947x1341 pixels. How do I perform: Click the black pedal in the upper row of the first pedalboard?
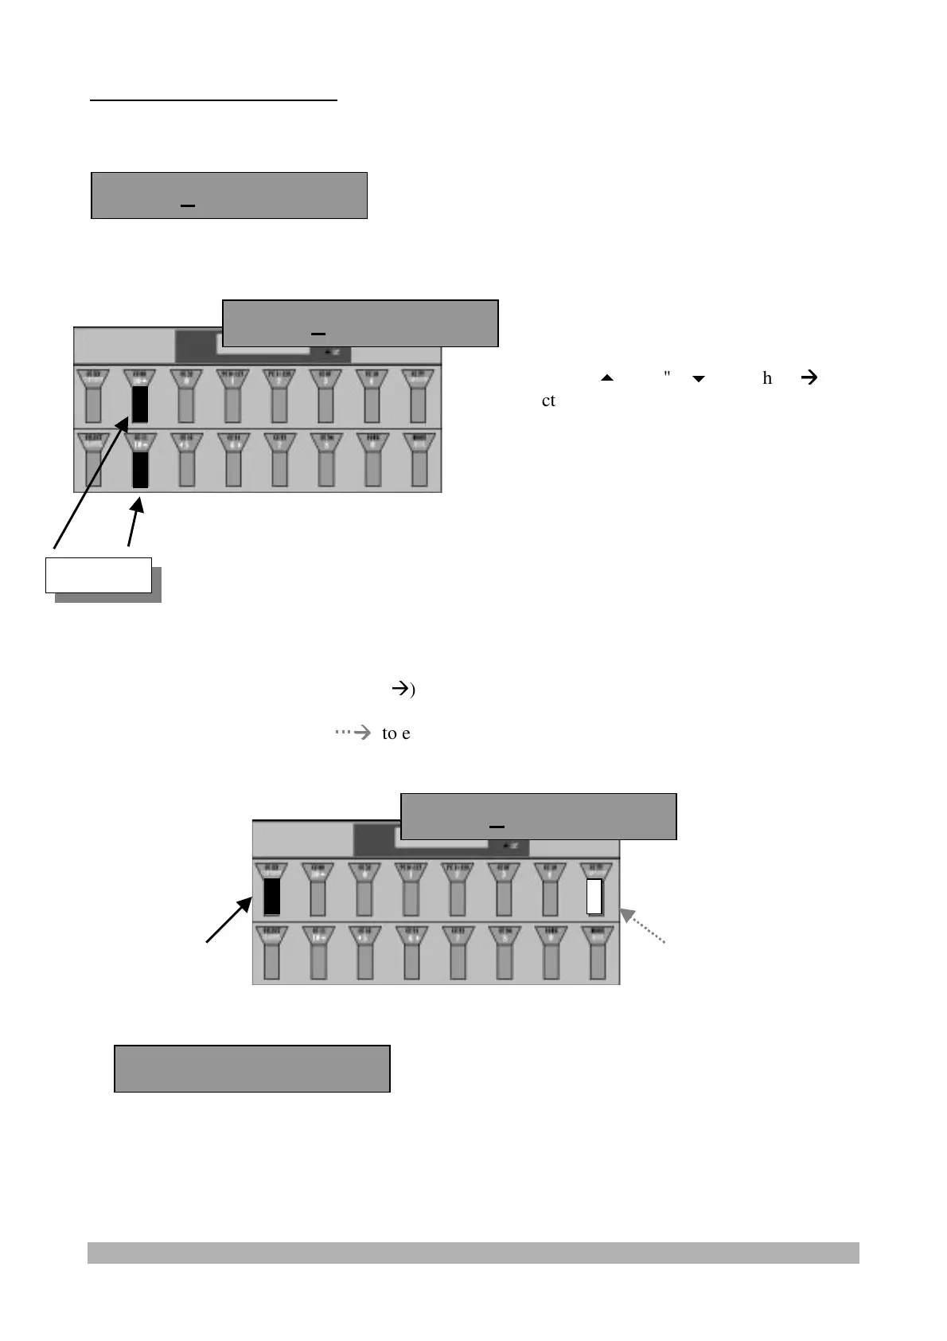coord(139,404)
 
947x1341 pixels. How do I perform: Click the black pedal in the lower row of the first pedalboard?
coord(139,469)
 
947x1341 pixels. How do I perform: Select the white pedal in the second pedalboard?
coord(594,897)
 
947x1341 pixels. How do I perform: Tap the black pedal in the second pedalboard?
coord(271,897)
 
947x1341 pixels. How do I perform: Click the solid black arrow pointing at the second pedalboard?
coord(229,919)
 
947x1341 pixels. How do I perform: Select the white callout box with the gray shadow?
coord(98,575)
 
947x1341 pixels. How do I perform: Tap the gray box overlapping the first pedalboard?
coord(360,323)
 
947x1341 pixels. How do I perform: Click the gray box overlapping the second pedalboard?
coord(538,816)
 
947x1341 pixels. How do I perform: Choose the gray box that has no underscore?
coord(252,1069)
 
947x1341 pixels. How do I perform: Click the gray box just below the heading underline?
coord(229,195)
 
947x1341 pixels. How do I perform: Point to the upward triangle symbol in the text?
coord(607,379)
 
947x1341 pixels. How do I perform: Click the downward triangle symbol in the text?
coord(699,379)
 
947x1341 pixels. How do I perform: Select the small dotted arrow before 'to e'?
coord(353,733)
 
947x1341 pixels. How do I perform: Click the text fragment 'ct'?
coord(548,401)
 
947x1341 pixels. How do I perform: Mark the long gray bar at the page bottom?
coord(473,1253)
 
